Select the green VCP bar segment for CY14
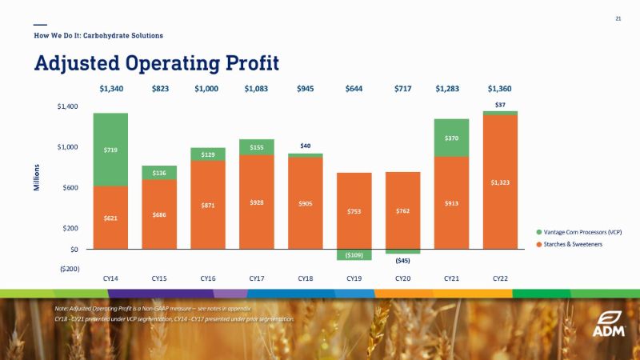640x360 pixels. (x=111, y=150)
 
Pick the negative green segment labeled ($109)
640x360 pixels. (x=354, y=254)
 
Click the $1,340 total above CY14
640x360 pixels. (x=111, y=88)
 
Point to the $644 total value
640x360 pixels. (x=354, y=88)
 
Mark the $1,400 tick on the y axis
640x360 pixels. (x=67, y=106)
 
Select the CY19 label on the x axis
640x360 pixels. (x=354, y=278)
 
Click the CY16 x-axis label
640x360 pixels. (x=208, y=278)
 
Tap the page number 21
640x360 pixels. (x=618, y=19)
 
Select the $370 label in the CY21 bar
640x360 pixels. (x=451, y=138)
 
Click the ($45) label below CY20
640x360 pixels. (x=402, y=260)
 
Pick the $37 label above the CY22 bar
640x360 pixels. (x=500, y=105)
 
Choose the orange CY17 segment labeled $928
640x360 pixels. (x=257, y=202)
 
